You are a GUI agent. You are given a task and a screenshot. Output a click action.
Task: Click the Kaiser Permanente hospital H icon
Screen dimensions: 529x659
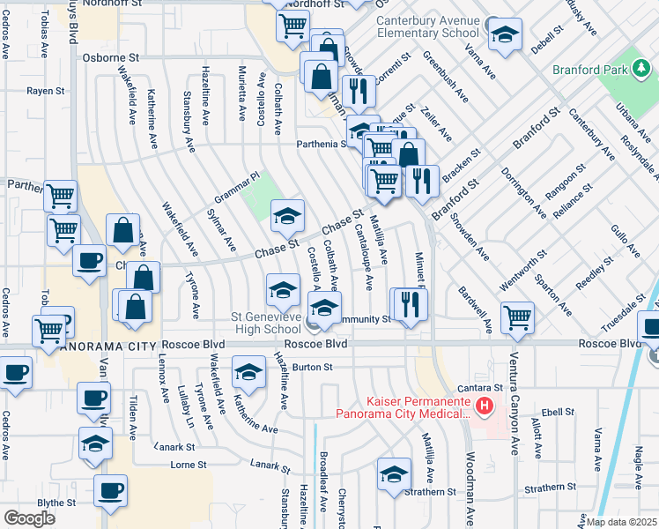click(x=483, y=406)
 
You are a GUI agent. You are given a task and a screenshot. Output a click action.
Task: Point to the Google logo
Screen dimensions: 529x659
click(x=29, y=518)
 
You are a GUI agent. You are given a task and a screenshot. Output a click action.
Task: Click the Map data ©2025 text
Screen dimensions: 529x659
click(x=621, y=522)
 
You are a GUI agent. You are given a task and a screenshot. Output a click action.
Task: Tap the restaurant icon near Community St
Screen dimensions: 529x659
click(x=410, y=303)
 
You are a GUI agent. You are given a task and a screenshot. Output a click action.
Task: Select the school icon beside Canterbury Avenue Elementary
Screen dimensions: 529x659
click(x=505, y=34)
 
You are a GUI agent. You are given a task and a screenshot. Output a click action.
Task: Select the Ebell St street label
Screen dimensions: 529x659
click(x=558, y=412)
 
